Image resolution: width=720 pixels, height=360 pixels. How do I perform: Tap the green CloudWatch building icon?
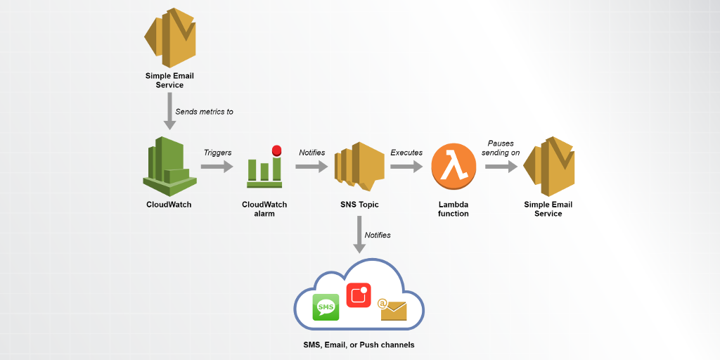click(x=169, y=166)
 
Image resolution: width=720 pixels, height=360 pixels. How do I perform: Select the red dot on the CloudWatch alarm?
click(x=276, y=150)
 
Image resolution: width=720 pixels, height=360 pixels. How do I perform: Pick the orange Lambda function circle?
click(x=454, y=167)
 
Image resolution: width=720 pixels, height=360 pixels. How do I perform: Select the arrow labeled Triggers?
click(x=217, y=167)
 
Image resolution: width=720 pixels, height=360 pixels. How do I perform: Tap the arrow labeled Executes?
click(x=406, y=167)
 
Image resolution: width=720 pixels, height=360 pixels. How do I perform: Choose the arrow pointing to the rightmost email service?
click(x=501, y=167)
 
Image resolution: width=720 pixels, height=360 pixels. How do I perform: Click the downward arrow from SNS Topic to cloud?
click(x=359, y=234)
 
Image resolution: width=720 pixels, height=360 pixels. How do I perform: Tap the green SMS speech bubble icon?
click(x=326, y=307)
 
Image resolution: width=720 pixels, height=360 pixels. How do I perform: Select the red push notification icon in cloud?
click(x=359, y=295)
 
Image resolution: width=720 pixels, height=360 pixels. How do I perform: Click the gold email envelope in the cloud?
click(x=392, y=309)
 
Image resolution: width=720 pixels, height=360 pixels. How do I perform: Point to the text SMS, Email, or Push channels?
click(x=359, y=345)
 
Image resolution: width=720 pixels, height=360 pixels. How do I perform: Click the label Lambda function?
click(x=454, y=209)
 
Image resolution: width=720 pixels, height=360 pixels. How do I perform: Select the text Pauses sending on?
click(x=501, y=148)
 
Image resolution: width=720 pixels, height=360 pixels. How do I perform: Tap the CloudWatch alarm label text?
click(x=264, y=209)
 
